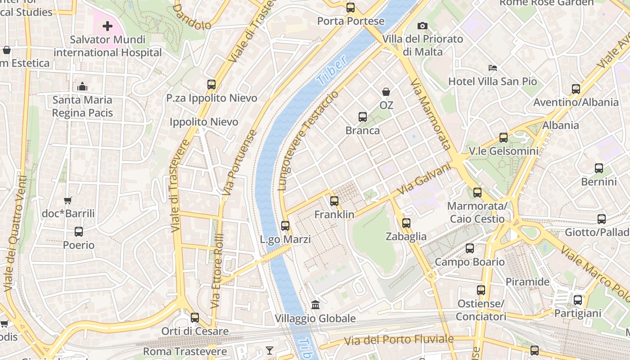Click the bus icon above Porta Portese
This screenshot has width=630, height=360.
(x=350, y=7)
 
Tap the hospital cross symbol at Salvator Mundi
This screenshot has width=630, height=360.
(x=107, y=26)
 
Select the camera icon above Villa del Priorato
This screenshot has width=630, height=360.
(x=422, y=26)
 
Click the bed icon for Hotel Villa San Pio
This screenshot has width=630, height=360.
(x=493, y=68)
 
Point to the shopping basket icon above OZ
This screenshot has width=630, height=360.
(x=386, y=92)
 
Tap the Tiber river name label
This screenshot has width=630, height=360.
(x=332, y=71)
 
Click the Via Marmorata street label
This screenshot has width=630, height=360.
(x=430, y=114)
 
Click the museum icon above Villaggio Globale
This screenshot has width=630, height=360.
(x=315, y=305)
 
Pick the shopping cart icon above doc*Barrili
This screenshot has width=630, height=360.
(x=67, y=200)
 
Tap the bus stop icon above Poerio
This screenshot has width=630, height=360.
(x=79, y=232)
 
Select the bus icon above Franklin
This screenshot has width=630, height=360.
(x=334, y=201)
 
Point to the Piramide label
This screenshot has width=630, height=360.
(x=527, y=282)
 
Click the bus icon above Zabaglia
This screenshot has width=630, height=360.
(x=406, y=223)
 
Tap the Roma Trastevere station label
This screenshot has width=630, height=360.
(x=185, y=351)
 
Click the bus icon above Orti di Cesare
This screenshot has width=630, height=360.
(x=194, y=318)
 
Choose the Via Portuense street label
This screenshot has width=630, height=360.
(x=240, y=163)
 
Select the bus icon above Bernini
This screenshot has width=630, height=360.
(x=598, y=168)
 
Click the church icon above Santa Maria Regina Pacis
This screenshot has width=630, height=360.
(x=82, y=86)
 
